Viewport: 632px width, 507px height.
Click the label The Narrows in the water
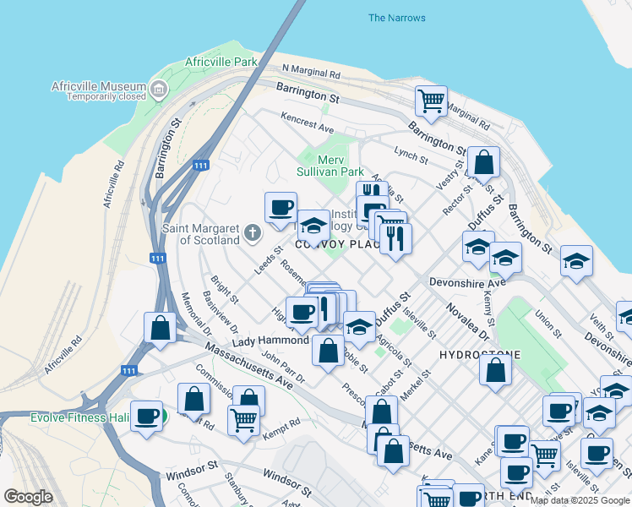(x=397, y=18)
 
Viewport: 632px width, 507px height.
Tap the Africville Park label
(x=221, y=63)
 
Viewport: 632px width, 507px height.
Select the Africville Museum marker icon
(x=159, y=89)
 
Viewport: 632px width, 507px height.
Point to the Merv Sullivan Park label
(x=330, y=166)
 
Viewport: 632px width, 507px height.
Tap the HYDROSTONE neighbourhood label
(x=480, y=355)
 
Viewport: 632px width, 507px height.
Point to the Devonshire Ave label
(x=466, y=282)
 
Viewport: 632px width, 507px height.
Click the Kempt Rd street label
(x=282, y=422)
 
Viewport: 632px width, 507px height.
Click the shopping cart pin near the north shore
(x=431, y=101)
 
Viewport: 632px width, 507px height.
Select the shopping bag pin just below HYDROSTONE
(x=496, y=368)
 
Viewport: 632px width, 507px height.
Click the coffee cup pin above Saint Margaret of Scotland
(x=281, y=206)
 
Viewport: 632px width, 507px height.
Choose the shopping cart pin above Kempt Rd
(x=243, y=418)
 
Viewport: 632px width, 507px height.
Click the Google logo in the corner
(x=28, y=497)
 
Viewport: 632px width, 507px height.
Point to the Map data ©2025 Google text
(x=579, y=500)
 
